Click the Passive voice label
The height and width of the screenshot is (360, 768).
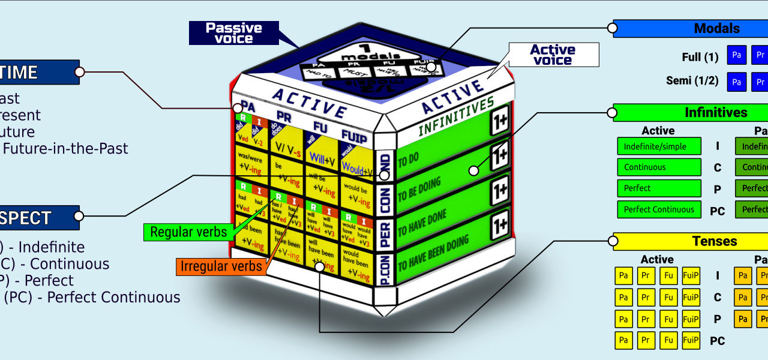pyautogui.click(x=234, y=33)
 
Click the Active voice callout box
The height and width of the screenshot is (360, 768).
pyautogui.click(x=553, y=55)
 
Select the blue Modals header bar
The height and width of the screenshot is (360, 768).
pyautogui.click(x=690, y=28)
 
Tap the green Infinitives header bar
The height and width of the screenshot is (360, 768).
pyautogui.click(x=690, y=113)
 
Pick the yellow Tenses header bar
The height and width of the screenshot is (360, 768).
pyautogui.click(x=690, y=241)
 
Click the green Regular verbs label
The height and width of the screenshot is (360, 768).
pyautogui.click(x=188, y=232)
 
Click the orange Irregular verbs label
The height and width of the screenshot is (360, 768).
pyautogui.click(x=221, y=266)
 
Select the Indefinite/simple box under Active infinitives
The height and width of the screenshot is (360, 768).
pyautogui.click(x=659, y=146)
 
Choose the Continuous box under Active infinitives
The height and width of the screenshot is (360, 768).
pyautogui.click(x=659, y=167)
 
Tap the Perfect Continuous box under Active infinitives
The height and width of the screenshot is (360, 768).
pyautogui.click(x=659, y=209)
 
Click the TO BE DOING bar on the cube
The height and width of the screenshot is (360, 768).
pyautogui.click(x=441, y=191)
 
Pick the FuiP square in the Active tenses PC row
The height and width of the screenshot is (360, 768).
pyautogui.click(x=691, y=341)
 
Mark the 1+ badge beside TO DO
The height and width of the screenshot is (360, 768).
pyautogui.click(x=499, y=154)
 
